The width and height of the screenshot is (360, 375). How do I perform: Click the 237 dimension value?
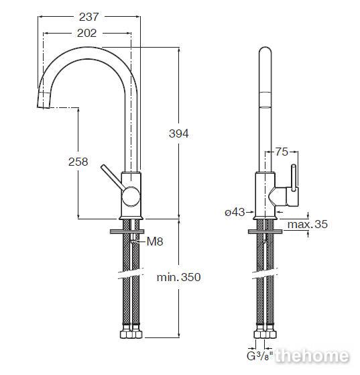coord(88,17)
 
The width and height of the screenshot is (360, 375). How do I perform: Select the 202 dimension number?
coord(86,33)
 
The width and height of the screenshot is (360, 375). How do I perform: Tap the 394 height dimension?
coord(179,133)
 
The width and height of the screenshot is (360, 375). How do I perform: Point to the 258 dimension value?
coord(78,162)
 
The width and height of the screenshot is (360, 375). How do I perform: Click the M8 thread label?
coord(155,242)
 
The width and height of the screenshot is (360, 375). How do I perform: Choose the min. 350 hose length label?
coord(178,277)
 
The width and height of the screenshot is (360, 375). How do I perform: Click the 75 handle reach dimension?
coord(282,152)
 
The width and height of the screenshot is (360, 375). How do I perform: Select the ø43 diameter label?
coord(235,212)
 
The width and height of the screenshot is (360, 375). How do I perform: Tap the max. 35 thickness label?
coord(308,224)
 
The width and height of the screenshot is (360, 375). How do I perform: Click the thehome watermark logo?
coord(312,356)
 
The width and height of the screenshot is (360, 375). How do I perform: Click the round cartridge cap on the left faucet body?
coord(131,197)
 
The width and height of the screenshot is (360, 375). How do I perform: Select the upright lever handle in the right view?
coord(294,178)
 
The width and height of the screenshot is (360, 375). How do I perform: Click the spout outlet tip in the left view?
coord(44,101)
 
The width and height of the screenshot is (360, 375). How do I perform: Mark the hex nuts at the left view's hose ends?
coord(131,331)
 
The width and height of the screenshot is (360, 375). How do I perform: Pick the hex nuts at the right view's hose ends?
coord(265,331)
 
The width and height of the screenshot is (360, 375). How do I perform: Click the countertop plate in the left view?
coord(127,231)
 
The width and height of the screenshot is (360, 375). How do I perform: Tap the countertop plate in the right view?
coord(265,231)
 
